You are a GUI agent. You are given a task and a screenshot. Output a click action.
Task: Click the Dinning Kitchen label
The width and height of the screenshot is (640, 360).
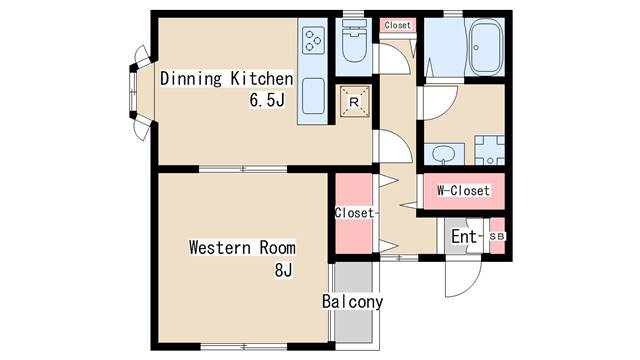click(227, 78)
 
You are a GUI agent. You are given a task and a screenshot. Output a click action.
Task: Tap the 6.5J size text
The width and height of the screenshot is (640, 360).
click(267, 100)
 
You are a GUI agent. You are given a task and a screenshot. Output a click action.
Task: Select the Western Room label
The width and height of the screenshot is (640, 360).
click(242, 247)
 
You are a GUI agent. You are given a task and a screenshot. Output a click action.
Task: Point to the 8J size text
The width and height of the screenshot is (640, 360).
click(283, 270)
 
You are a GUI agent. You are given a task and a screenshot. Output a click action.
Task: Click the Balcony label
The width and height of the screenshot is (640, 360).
click(352, 302)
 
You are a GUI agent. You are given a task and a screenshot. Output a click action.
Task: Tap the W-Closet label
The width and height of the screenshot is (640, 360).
click(463, 191)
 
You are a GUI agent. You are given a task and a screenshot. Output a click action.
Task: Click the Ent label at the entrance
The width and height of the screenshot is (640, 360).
click(464, 236)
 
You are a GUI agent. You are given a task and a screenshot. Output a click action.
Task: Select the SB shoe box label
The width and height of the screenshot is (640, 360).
click(497, 236)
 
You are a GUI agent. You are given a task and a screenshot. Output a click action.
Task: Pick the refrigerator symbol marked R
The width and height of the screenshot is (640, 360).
click(354, 102)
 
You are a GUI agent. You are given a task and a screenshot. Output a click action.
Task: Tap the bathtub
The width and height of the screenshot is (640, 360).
click(485, 47)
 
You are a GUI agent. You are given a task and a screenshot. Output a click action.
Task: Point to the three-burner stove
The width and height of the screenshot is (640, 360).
click(313, 40)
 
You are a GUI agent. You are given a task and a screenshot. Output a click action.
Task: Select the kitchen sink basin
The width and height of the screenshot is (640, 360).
click(313, 96)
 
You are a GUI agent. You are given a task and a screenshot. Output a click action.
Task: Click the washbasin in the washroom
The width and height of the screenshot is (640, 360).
click(444, 154)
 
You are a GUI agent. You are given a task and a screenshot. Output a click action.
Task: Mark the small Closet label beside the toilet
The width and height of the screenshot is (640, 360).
click(397, 25)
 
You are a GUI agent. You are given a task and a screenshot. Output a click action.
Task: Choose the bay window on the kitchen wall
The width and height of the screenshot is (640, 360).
click(139, 93)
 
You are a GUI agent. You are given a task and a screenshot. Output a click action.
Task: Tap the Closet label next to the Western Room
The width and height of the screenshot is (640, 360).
click(354, 213)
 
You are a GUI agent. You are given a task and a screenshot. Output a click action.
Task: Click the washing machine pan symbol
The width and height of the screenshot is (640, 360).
click(489, 150)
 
